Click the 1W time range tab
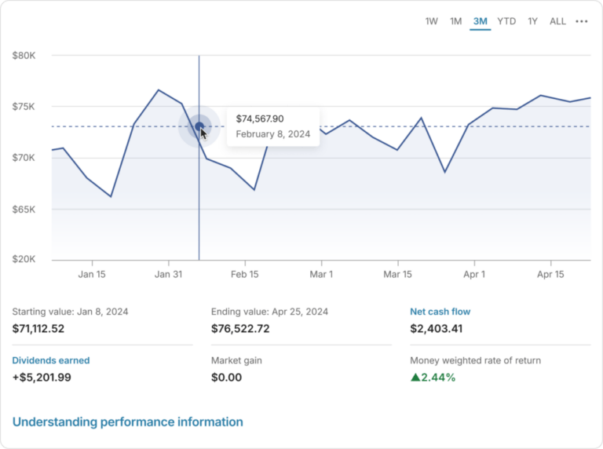pyautogui.click(x=431, y=21)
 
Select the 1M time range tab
pyautogui.click(x=455, y=21)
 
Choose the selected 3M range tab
pyautogui.click(x=481, y=21)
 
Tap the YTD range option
pyautogui.click(x=506, y=21)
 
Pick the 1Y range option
pyautogui.click(x=532, y=21)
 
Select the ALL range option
pyautogui.click(x=557, y=21)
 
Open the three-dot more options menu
pyautogui.click(x=582, y=21)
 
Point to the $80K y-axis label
pyautogui.click(x=25, y=56)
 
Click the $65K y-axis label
pyautogui.click(x=25, y=210)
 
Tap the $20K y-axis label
pyautogui.click(x=25, y=260)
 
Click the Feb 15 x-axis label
pyautogui.click(x=244, y=275)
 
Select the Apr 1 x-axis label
pyautogui.click(x=474, y=275)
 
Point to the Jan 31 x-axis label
pyautogui.click(x=168, y=275)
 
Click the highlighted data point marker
pyautogui.click(x=199, y=126)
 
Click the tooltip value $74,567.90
pyautogui.click(x=260, y=119)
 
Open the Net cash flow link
pyautogui.click(x=440, y=312)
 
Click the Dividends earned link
pyautogui.click(x=51, y=360)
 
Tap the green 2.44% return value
pyautogui.click(x=433, y=378)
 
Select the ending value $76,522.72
pyautogui.click(x=240, y=329)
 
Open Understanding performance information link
pyautogui.click(x=128, y=422)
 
